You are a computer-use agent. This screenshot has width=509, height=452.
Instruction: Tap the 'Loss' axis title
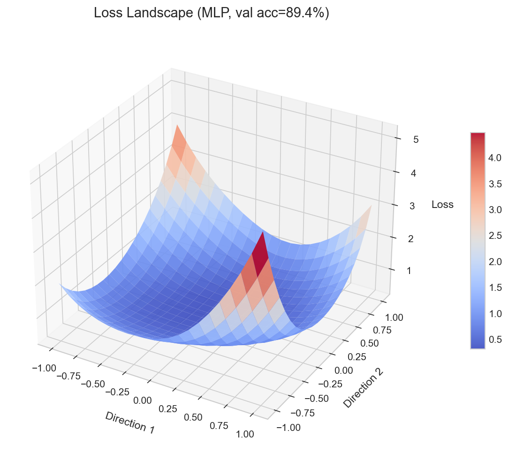point(442,204)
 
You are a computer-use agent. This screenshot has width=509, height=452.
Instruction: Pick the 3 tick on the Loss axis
point(412,206)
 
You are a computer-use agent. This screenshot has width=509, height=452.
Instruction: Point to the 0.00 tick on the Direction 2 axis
point(344,370)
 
